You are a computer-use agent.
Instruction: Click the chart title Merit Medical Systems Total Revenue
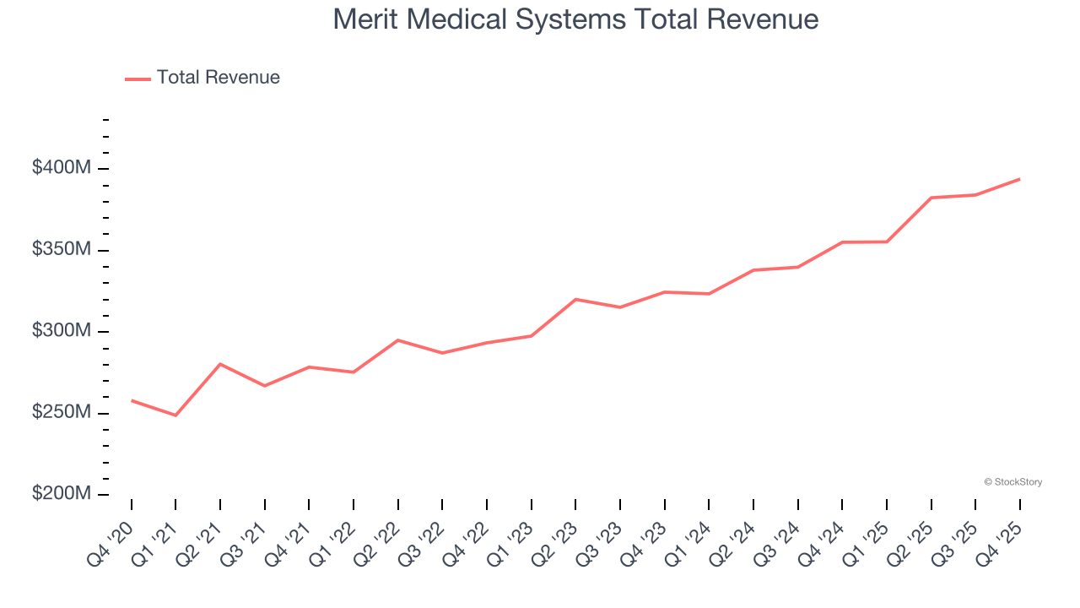(x=575, y=19)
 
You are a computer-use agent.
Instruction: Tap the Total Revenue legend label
(x=218, y=78)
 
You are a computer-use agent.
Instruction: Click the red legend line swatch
(x=138, y=79)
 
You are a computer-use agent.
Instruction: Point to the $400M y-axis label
(x=61, y=168)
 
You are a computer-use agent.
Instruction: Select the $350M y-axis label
(x=61, y=250)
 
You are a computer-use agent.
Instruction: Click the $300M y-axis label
(x=61, y=331)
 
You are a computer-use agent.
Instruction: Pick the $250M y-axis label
(x=61, y=412)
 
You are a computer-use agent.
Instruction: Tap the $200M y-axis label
(x=61, y=494)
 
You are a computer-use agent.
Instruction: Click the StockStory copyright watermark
(x=1012, y=482)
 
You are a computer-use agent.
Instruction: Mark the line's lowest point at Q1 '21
(x=175, y=415)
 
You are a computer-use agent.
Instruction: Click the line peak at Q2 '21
(x=220, y=364)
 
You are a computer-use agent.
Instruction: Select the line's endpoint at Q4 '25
(x=1019, y=179)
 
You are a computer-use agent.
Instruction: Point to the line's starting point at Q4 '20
(x=132, y=400)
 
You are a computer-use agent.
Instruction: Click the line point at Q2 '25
(x=931, y=198)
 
